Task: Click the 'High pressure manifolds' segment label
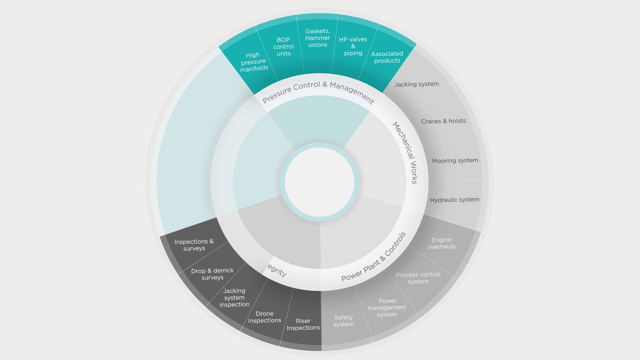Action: click(253, 61)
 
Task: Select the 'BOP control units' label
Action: click(283, 46)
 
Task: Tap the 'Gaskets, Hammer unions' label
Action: click(317, 37)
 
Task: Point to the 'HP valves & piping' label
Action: click(353, 46)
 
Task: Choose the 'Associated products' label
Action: click(387, 57)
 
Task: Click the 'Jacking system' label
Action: click(416, 84)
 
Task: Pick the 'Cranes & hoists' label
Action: click(443, 121)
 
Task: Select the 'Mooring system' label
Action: click(455, 160)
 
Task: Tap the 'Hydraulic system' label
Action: click(454, 199)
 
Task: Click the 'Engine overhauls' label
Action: click(441, 243)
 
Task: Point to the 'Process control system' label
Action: click(418, 278)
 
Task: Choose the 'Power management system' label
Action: click(387, 307)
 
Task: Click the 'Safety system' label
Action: click(343, 321)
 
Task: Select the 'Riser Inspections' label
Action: click(303, 324)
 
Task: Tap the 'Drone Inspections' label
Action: click(264, 317)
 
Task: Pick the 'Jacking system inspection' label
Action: click(234, 297)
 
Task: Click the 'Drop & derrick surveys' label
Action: click(212, 274)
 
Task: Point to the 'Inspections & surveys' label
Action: click(194, 245)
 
